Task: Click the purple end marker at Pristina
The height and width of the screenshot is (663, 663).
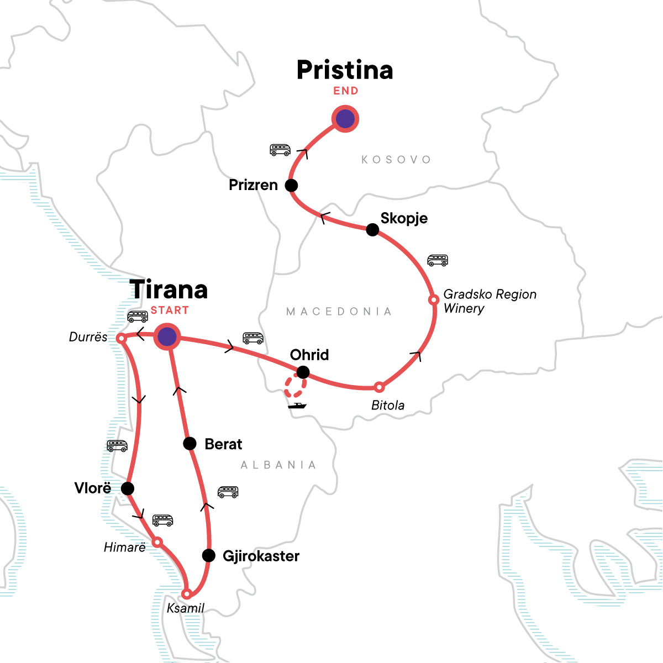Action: [345, 118]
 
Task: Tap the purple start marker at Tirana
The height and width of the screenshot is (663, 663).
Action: [167, 336]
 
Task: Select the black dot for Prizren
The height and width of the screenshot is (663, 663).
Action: [291, 185]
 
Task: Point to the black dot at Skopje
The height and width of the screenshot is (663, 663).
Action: [372, 229]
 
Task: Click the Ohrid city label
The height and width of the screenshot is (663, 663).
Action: [309, 355]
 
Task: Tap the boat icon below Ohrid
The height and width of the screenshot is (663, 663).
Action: [297, 406]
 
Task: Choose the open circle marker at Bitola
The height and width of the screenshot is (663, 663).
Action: [379, 387]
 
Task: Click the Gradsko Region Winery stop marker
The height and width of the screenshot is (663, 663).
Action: [434, 299]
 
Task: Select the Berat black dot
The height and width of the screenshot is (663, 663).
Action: [190, 443]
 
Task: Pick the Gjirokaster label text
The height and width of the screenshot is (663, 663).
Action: [261, 556]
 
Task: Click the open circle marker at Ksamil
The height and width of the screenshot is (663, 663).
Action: [187, 594]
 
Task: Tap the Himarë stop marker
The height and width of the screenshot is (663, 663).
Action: [157, 542]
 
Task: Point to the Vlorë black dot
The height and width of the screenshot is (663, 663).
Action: [127, 488]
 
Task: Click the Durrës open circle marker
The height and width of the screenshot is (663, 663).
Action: [120, 338]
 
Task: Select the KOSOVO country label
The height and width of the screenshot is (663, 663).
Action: [396, 160]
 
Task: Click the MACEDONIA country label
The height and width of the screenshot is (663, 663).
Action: [339, 312]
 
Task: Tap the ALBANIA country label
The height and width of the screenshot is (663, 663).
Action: [278, 465]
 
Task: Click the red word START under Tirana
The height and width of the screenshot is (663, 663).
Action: [170, 311]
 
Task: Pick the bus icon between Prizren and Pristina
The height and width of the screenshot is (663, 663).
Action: [280, 150]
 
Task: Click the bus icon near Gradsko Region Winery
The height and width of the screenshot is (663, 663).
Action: [438, 260]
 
